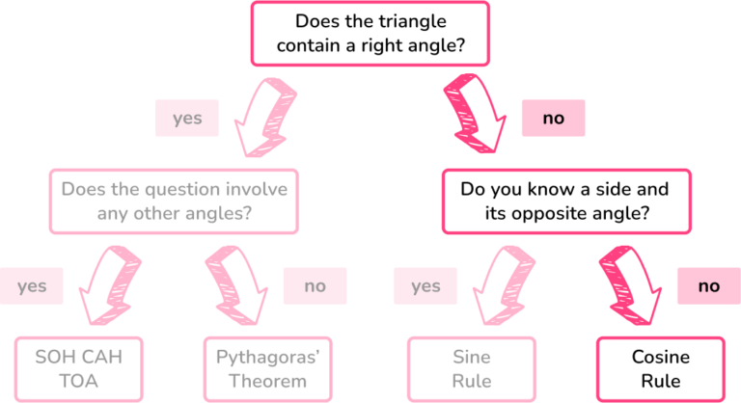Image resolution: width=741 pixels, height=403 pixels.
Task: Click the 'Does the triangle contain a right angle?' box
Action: (x=370, y=34)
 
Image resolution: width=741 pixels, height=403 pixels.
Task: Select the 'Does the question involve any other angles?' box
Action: (x=174, y=201)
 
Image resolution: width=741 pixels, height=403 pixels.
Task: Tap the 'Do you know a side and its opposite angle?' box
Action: (x=566, y=201)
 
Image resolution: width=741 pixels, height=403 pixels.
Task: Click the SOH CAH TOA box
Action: (x=78, y=369)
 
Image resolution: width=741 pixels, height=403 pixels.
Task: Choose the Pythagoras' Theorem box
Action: (x=267, y=369)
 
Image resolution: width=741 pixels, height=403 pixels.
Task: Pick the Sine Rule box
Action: (x=472, y=369)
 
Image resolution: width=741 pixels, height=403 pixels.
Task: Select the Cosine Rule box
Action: (x=661, y=369)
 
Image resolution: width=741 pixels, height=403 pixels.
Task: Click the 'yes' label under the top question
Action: (x=187, y=119)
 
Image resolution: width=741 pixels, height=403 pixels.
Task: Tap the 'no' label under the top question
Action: (x=554, y=119)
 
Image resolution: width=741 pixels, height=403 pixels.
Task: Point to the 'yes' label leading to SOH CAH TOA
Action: (x=32, y=285)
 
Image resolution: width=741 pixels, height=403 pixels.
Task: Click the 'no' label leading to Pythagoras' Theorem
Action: (x=316, y=285)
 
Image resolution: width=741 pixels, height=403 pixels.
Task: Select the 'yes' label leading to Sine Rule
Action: (x=425, y=285)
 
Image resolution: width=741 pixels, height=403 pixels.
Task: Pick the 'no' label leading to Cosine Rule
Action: (x=709, y=285)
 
